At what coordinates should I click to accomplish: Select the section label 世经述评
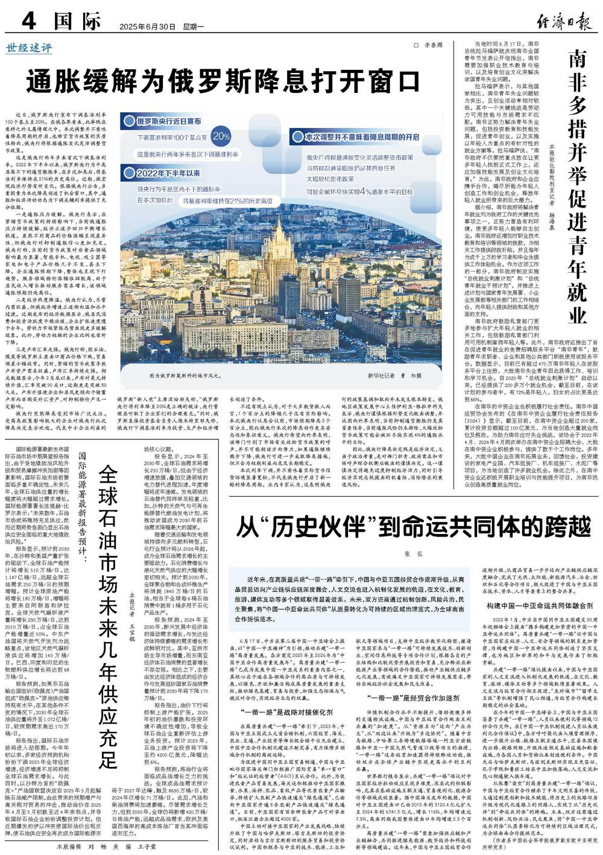(29, 48)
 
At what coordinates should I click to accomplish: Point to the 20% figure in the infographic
(221, 136)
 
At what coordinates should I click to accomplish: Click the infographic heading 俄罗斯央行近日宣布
(169, 121)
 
